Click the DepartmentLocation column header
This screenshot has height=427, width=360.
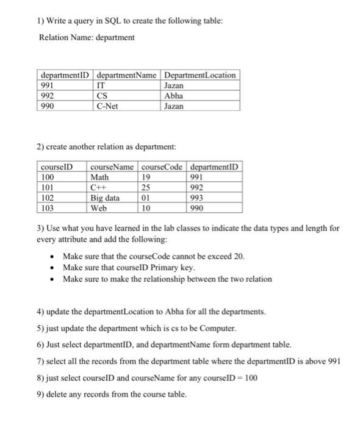[x=200, y=75]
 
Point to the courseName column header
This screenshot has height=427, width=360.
[x=113, y=167]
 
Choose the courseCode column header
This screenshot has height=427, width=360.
[x=164, y=167]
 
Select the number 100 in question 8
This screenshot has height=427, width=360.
[x=251, y=378]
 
